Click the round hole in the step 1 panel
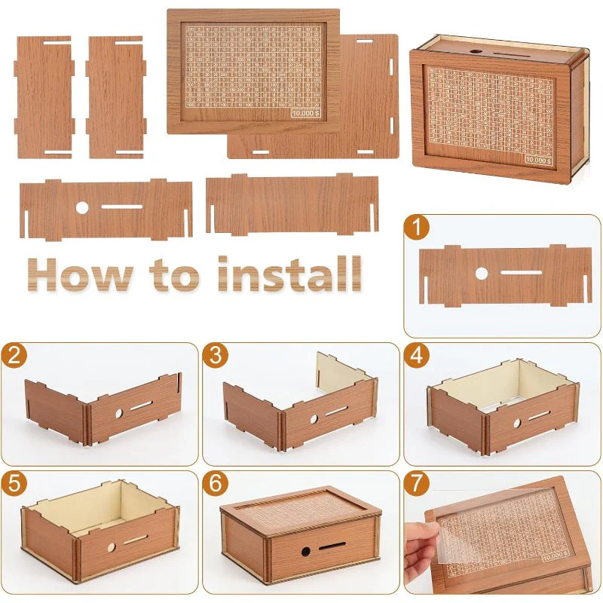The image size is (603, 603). coord(481,274)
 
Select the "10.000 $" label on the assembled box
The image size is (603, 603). coord(539,160)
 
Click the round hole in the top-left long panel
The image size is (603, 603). coord(81,207)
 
